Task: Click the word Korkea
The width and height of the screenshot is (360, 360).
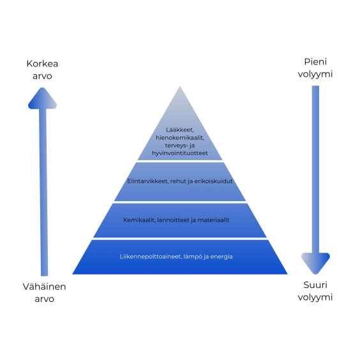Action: [42, 64]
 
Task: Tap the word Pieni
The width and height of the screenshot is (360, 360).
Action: [315, 62]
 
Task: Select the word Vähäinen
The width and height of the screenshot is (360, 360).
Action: [44, 287]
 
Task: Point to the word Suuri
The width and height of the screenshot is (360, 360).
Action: [315, 285]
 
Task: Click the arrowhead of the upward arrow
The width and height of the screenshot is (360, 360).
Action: [43, 98]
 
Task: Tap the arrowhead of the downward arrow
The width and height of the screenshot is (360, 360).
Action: [315, 264]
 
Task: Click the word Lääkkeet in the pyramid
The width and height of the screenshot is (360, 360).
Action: [180, 130]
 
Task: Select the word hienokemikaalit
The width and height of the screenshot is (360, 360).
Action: [180, 138]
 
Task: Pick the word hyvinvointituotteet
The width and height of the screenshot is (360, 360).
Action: [180, 153]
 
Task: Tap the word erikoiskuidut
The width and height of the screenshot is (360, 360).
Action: [214, 181]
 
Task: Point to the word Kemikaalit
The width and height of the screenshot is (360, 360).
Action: [139, 220]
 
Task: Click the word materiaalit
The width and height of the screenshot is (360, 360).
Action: [213, 220]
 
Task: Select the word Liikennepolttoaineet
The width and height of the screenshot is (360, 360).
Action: [151, 257]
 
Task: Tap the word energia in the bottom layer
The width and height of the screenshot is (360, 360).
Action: [221, 257]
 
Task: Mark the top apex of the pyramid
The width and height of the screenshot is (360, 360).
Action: [180, 86]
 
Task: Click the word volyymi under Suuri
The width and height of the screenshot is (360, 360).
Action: [315, 297]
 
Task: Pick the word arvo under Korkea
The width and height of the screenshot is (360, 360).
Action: [42, 76]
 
